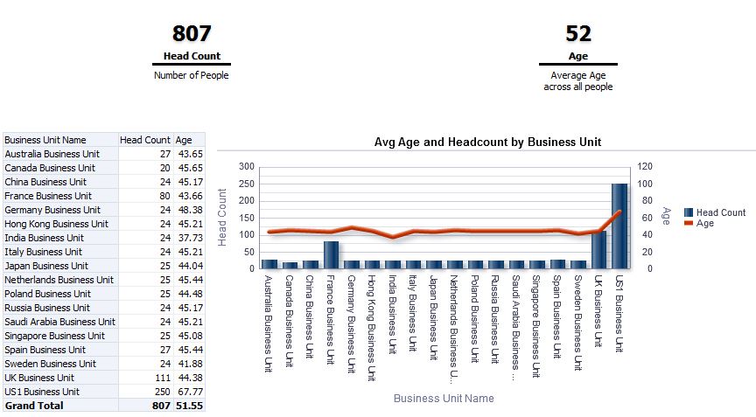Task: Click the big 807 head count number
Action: [x=192, y=34]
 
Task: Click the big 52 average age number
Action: [x=578, y=34]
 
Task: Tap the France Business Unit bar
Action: [x=331, y=254]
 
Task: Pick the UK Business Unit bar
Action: [x=598, y=249]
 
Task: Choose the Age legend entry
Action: [x=704, y=223]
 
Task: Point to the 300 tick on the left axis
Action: [x=246, y=166]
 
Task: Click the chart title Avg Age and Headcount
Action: [x=487, y=142]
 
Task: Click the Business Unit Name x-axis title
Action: [x=444, y=399]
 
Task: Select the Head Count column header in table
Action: [x=145, y=140]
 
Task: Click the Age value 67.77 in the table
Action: [x=189, y=392]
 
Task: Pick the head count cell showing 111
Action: [x=161, y=378]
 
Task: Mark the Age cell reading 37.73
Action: [x=189, y=238]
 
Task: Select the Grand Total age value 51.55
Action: [x=189, y=406]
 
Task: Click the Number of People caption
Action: [x=191, y=75]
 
